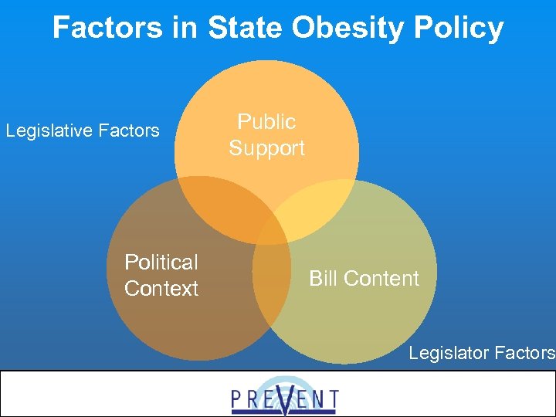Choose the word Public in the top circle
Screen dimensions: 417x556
(x=266, y=122)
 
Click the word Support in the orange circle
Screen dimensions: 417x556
(x=266, y=148)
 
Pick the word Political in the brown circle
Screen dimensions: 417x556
(x=161, y=263)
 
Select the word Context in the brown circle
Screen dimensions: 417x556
(x=161, y=289)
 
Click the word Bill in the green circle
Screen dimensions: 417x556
(x=324, y=279)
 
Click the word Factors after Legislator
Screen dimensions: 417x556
(x=525, y=353)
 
